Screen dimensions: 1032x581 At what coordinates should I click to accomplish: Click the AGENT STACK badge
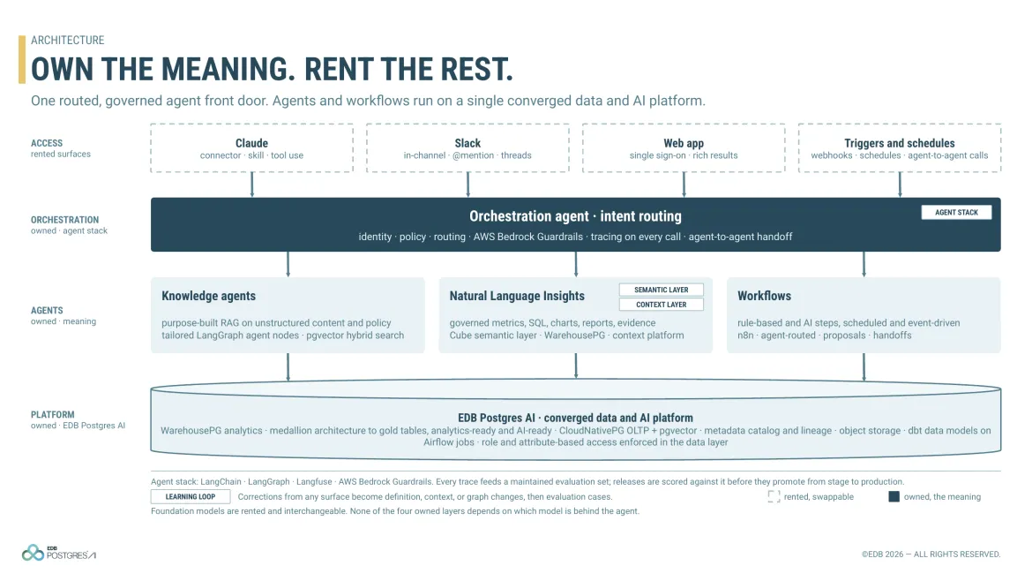point(956,212)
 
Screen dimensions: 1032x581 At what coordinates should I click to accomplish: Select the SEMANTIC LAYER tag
point(662,290)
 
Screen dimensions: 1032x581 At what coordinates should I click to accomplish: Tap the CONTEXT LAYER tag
point(662,305)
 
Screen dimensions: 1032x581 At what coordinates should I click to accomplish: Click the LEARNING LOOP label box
point(191,497)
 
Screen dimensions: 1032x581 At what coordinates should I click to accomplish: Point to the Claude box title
point(251,143)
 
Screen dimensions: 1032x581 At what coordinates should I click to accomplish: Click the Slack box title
point(467,143)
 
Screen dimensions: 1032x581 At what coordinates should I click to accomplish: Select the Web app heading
point(684,143)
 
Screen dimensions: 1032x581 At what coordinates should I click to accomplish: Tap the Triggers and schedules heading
point(899,143)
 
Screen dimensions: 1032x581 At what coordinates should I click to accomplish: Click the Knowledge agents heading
point(209,296)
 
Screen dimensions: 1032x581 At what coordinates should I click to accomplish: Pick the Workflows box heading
point(764,296)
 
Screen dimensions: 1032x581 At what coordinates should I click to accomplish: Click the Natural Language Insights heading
point(517,296)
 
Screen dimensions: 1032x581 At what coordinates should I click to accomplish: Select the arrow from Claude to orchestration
point(252,185)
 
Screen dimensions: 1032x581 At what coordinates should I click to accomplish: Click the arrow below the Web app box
point(684,185)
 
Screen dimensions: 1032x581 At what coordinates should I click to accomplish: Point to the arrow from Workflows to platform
point(864,367)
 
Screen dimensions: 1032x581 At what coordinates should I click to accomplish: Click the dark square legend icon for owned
point(894,497)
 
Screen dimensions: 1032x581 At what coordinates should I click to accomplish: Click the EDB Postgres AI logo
point(58,553)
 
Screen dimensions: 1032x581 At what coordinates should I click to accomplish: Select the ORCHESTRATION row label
point(64,220)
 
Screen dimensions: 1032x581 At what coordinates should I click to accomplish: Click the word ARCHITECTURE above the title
point(67,41)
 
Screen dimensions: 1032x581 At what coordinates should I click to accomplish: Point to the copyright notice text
point(931,554)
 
